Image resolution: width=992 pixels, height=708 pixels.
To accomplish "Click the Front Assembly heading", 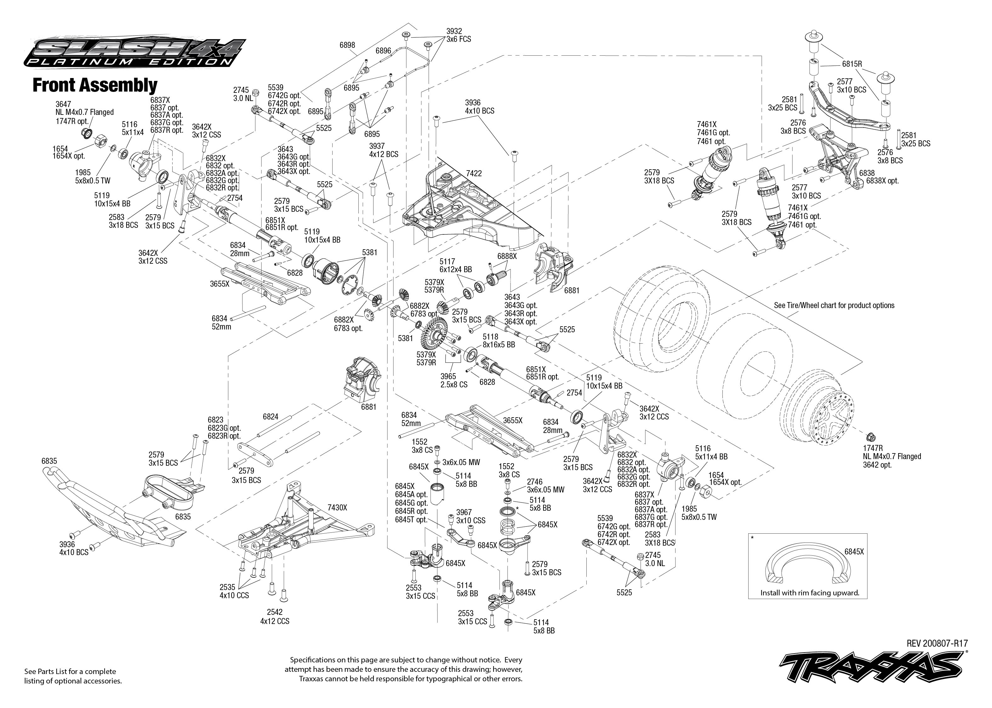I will click(x=95, y=86).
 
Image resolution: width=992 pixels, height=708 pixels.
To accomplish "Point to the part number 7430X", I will click(x=337, y=508).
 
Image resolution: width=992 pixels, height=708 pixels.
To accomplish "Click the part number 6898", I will click(x=347, y=45).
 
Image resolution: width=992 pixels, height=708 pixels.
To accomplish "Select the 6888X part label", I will click(x=507, y=256).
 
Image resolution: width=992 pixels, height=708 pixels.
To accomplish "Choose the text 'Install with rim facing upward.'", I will click(x=810, y=593).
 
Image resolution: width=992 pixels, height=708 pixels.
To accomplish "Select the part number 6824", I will click(x=271, y=417).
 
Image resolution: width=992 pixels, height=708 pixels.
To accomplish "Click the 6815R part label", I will click(x=852, y=64).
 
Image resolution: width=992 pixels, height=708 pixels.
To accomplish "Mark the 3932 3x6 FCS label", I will click(x=458, y=35).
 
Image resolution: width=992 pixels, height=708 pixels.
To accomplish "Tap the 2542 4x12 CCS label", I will click(x=274, y=616).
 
